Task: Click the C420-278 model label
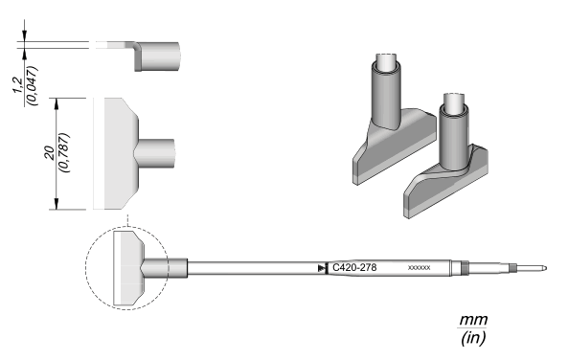coord(354,268)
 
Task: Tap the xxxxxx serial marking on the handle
coord(420,268)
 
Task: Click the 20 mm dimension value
coord(49,153)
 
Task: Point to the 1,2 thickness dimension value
coord(19,85)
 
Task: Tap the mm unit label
coord(473,320)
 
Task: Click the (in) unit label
coord(473,338)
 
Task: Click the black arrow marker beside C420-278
coord(321,268)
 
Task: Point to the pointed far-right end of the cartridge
coord(546,268)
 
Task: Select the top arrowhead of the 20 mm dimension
coord(57,103)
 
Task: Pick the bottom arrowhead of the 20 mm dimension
coord(57,204)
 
